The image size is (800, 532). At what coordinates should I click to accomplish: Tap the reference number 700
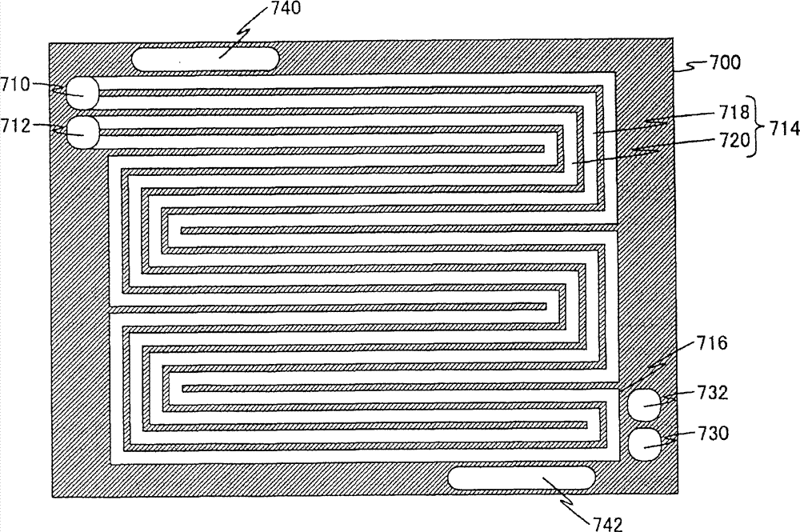point(725,61)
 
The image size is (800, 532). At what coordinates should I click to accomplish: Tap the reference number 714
point(779,127)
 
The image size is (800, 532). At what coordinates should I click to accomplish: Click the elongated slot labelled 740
point(204,58)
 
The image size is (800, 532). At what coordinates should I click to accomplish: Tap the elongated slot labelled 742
point(521,478)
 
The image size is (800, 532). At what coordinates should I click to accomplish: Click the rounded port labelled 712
point(82,132)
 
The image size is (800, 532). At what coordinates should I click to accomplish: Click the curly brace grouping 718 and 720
point(754,127)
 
